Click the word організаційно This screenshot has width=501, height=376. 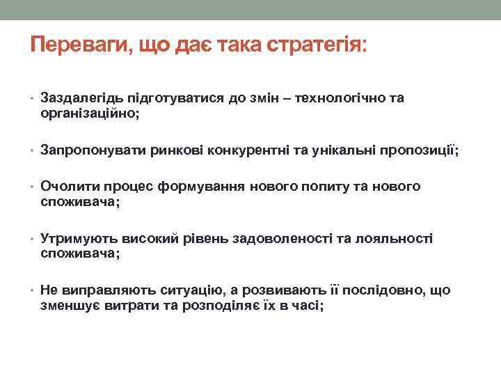(x=88, y=113)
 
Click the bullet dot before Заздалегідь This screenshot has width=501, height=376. (x=33, y=100)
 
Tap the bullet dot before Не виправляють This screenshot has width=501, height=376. (x=33, y=291)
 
